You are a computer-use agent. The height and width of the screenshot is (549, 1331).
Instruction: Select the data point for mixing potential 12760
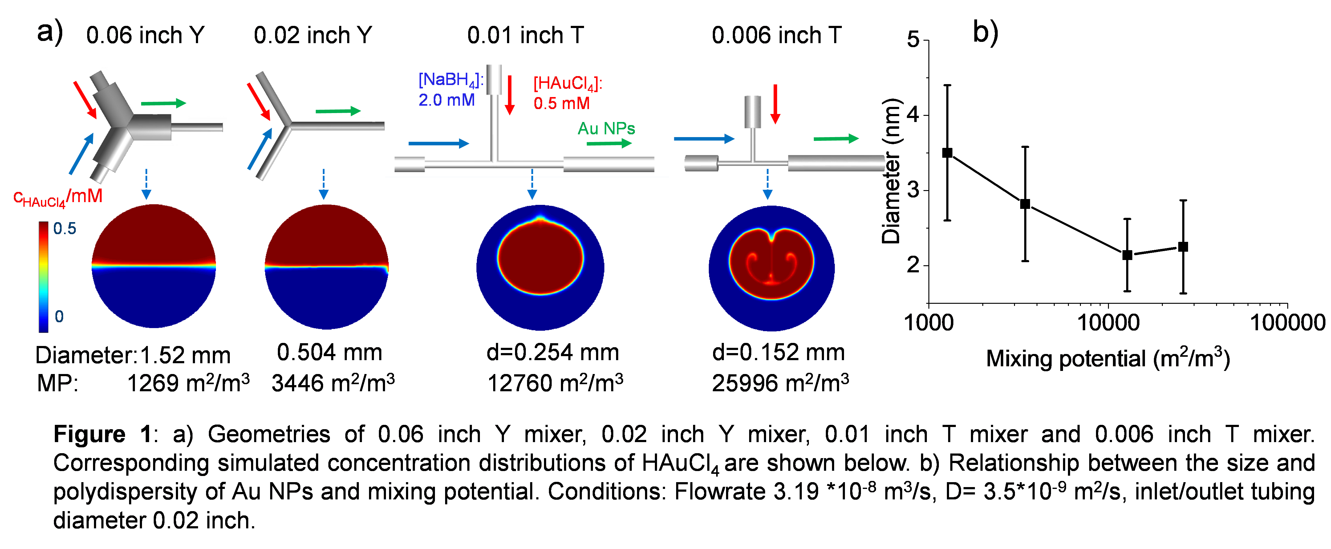pyautogui.click(x=1127, y=255)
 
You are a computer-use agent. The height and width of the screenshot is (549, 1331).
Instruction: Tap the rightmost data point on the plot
pyautogui.click(x=1183, y=246)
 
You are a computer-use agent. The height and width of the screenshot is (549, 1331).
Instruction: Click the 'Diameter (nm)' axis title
pyautogui.click(x=891, y=171)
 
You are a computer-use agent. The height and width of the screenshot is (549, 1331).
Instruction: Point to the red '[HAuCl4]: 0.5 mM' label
pyautogui.click(x=567, y=93)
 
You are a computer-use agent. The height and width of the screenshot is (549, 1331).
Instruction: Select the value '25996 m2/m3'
pyautogui.click(x=780, y=383)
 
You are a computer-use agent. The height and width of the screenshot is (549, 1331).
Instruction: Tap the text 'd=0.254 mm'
pyautogui.click(x=553, y=352)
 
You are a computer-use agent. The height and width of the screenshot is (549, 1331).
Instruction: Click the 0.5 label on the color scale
pyautogui.click(x=65, y=229)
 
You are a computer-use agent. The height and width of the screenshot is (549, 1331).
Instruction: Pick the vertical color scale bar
pyautogui.click(x=43, y=277)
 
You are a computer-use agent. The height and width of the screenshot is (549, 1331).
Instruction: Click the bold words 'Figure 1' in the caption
pyautogui.click(x=102, y=434)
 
